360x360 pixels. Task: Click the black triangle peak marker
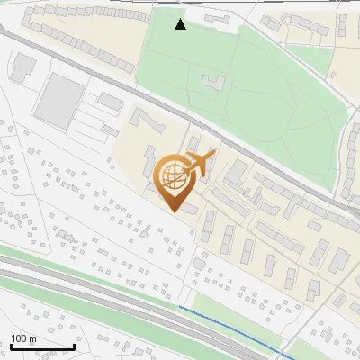point(181,24)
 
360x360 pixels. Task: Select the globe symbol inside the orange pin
point(173,176)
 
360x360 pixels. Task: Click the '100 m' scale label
point(23,338)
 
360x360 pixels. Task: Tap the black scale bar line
point(42,346)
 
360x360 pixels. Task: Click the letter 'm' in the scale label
point(32,338)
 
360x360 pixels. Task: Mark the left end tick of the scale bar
point(11,346)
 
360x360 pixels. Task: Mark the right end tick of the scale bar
point(74,346)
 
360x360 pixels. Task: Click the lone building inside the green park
point(213,83)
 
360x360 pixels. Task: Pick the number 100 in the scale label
point(19,338)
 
